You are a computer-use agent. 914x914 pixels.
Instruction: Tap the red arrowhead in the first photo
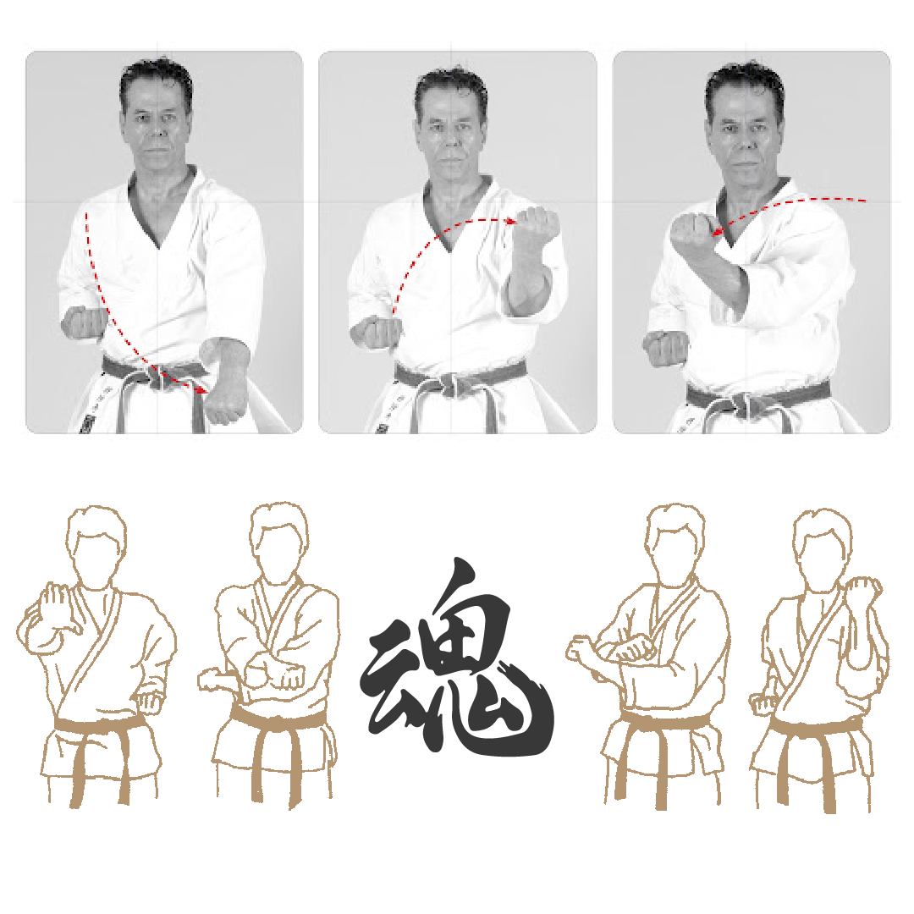pos(203,390)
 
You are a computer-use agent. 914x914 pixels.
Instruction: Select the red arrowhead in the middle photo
pos(512,221)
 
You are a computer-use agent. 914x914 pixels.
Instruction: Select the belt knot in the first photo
pos(156,378)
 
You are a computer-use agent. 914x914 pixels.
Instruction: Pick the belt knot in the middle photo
pos(449,385)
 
